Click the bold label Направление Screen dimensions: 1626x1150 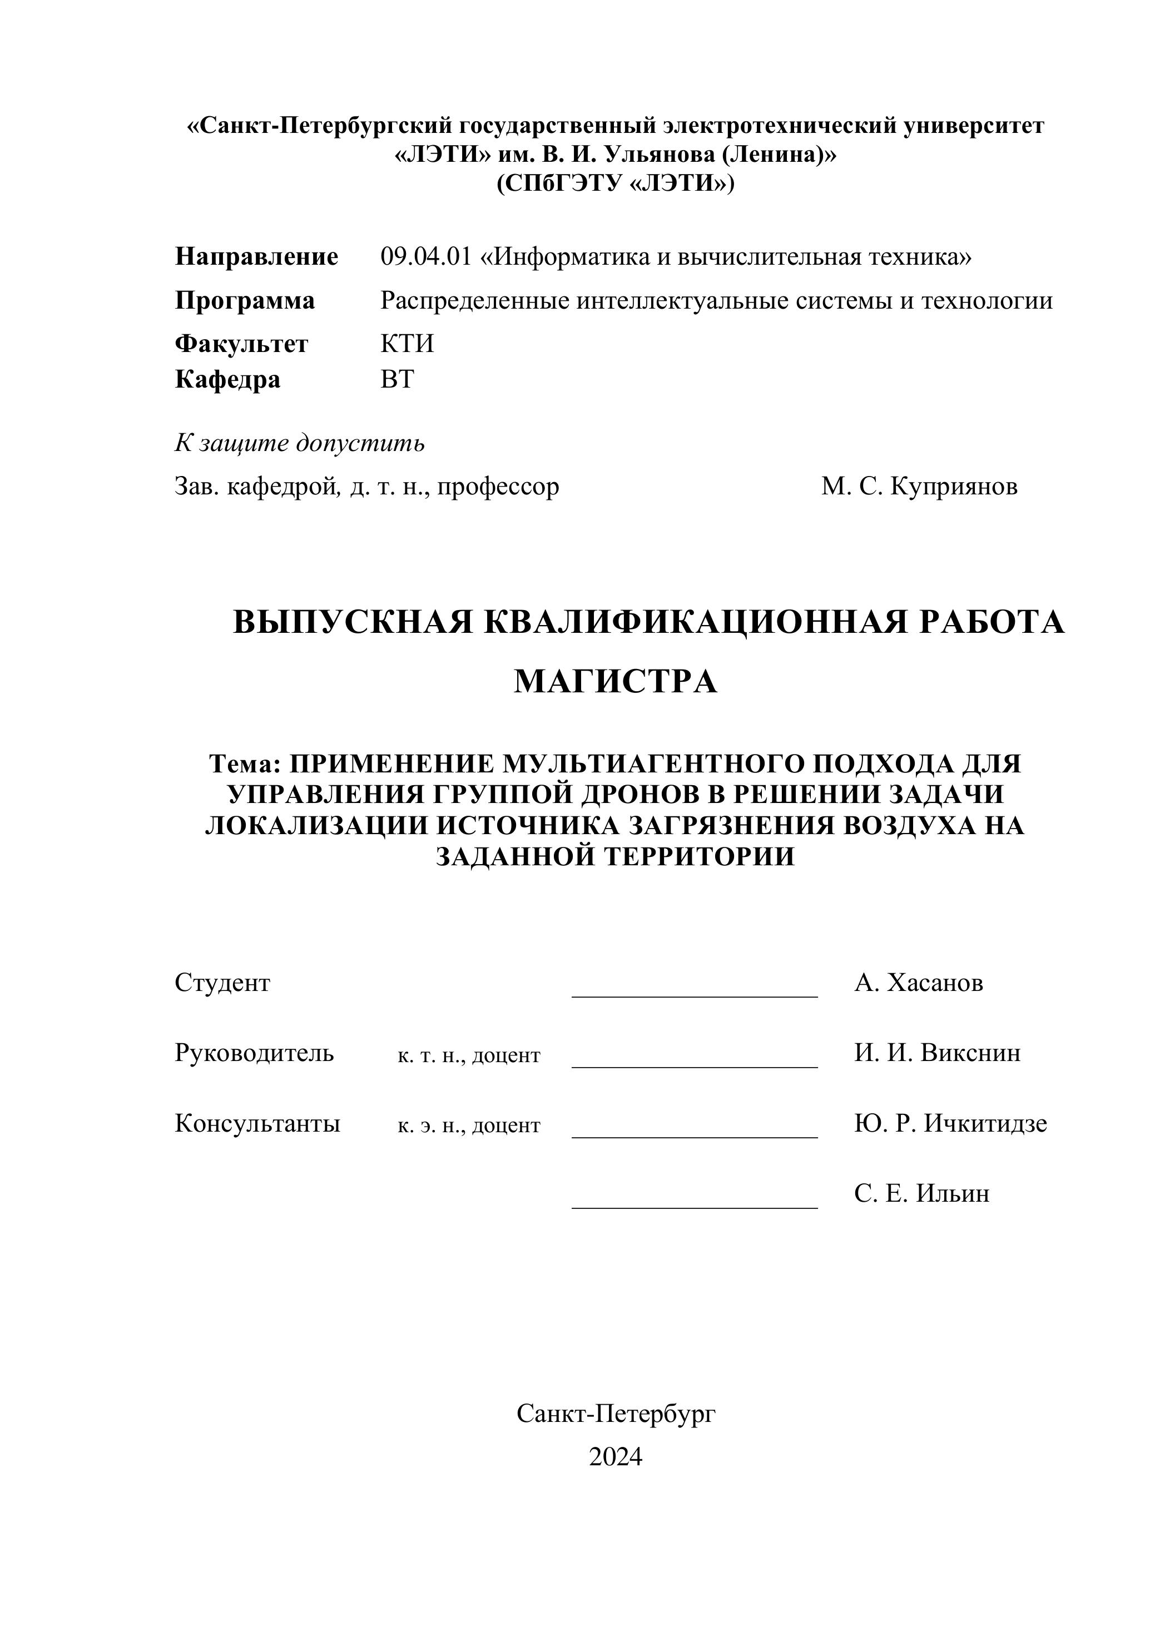pos(256,256)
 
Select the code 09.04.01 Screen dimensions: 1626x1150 pos(425,256)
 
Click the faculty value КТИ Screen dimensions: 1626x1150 pos(407,344)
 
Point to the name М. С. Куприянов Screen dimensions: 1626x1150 pos(919,487)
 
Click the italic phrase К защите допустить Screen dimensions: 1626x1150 pos(300,443)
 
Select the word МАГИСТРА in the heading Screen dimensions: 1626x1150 pos(616,681)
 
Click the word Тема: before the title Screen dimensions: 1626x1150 pos(245,764)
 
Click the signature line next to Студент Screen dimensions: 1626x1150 pos(694,995)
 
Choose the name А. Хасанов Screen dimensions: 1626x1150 pos(919,983)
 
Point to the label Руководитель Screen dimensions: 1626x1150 pos(254,1053)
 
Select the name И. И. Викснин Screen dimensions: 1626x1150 pos(937,1053)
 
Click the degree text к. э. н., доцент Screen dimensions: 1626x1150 pos(469,1126)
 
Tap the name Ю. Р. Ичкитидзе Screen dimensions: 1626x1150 pos(950,1123)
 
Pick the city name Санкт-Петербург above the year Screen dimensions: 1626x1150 pos(616,1414)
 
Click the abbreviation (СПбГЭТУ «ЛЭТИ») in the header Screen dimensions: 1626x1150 pos(616,184)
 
